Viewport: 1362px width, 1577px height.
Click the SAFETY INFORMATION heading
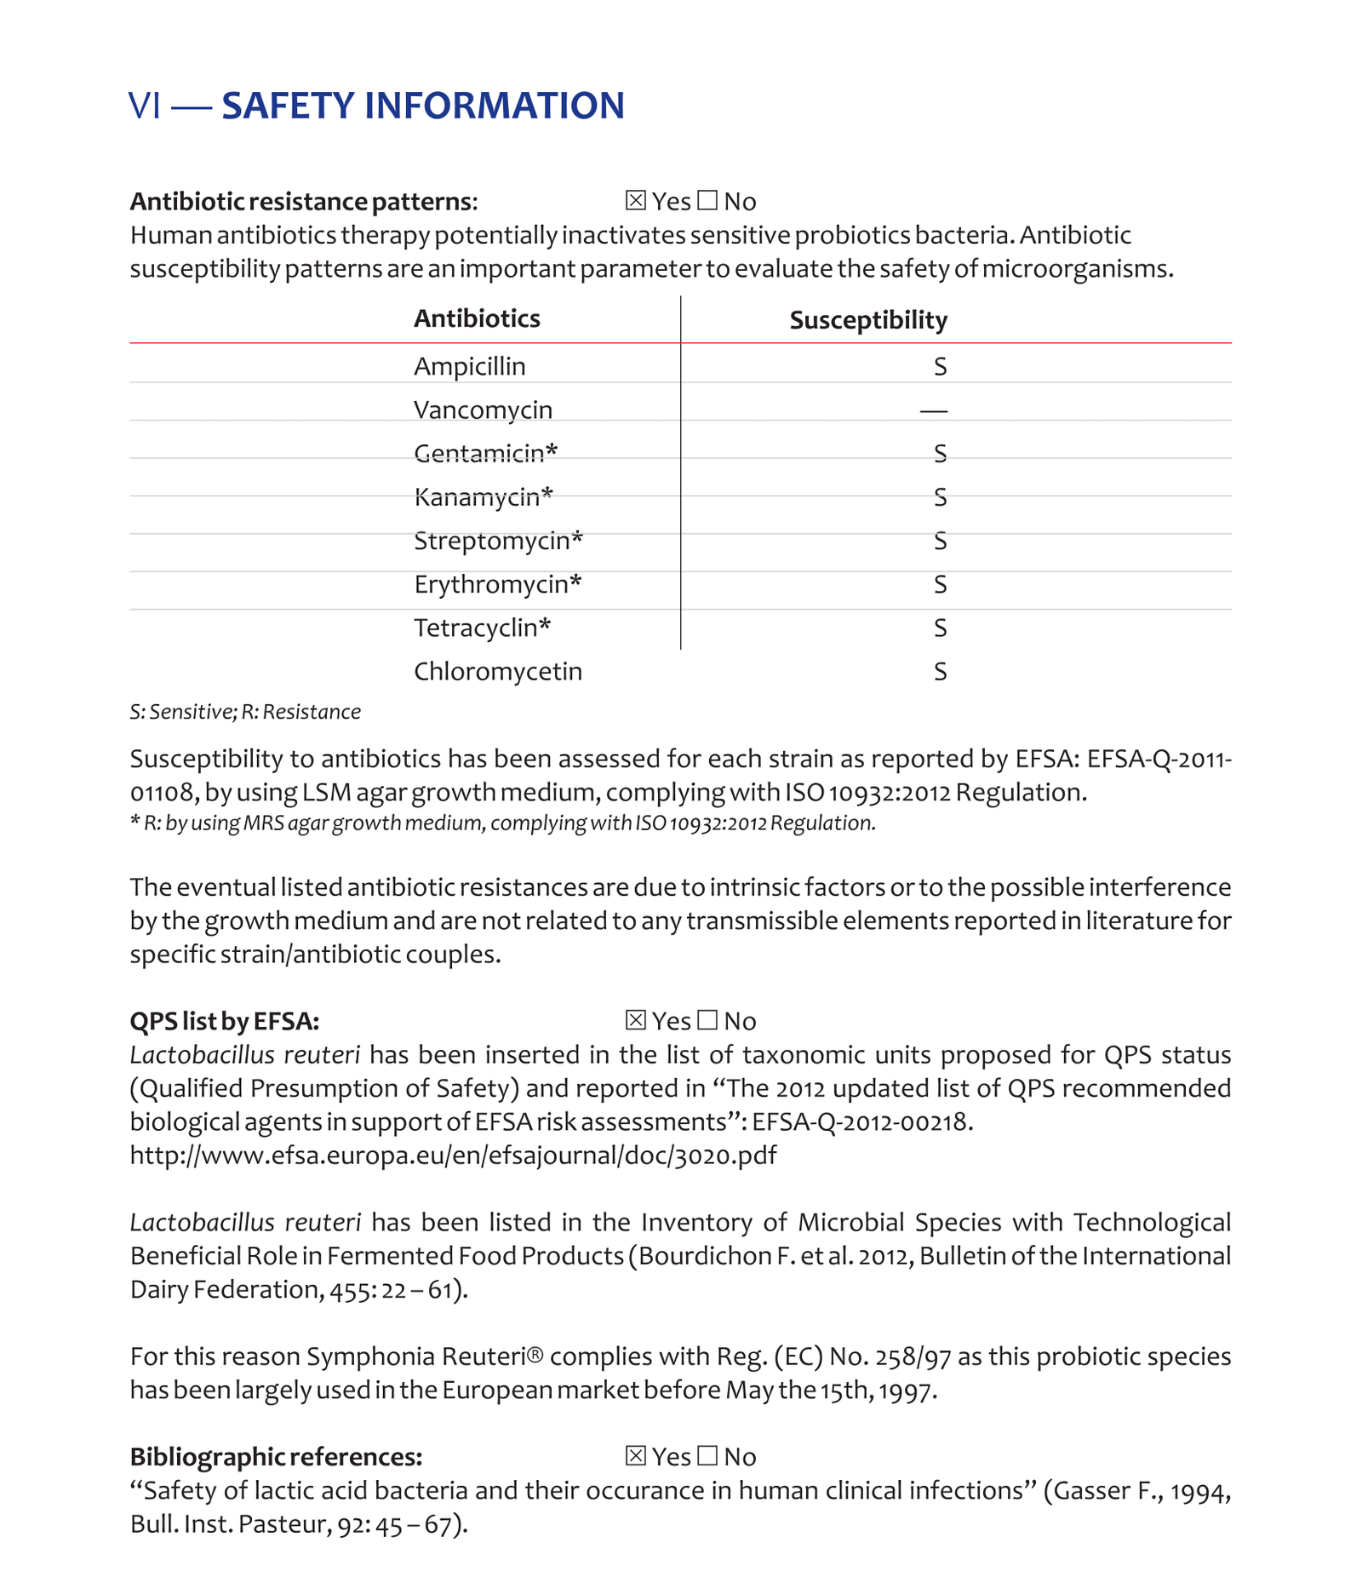[423, 106]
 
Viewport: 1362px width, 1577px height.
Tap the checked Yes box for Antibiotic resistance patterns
[635, 200]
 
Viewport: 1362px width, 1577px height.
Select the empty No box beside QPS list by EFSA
[707, 1019]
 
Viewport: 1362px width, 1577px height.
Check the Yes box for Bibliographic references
[635, 1455]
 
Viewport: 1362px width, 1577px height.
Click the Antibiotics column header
[477, 318]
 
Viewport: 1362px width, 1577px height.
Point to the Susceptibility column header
[867, 320]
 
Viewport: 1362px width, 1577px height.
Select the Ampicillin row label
[469, 366]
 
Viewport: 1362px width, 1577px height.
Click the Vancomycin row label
[483, 410]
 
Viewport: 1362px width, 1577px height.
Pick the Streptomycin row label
[498, 541]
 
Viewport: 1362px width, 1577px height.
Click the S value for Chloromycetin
[940, 672]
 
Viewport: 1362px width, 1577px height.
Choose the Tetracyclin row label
[482, 628]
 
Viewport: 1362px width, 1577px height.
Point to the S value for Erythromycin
[940, 584]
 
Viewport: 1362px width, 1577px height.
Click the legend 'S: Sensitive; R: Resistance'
[245, 712]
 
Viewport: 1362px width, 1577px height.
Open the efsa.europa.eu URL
[453, 1156]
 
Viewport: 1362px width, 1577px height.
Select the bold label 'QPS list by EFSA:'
[224, 1021]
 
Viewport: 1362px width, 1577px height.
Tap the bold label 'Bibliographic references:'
[276, 1457]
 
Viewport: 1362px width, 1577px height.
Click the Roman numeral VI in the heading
[144, 106]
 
